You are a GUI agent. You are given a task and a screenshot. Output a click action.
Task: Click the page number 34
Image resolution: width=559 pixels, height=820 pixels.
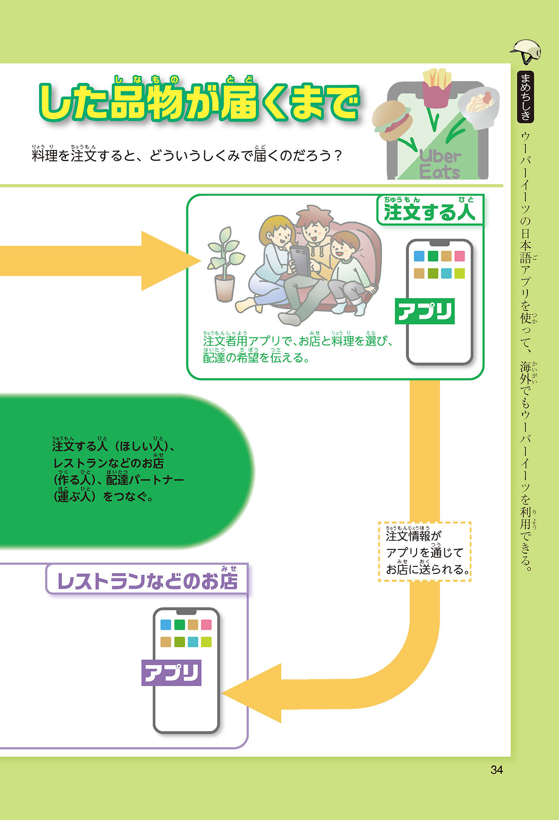497,770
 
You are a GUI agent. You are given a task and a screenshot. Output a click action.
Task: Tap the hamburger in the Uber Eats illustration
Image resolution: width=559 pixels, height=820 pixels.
392,119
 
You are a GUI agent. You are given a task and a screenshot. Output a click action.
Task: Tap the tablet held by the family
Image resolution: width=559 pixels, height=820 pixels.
301,261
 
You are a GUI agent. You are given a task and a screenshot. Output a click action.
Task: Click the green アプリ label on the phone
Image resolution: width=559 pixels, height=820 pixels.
425,311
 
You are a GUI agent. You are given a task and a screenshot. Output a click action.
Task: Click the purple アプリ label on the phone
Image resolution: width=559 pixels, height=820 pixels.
171,672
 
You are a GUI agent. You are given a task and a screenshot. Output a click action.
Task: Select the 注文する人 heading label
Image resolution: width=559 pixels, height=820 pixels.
429,210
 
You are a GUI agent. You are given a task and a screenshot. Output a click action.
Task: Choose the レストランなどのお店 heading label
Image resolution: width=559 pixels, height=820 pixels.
147,580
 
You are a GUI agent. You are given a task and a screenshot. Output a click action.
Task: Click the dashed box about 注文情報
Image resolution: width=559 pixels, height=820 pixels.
425,552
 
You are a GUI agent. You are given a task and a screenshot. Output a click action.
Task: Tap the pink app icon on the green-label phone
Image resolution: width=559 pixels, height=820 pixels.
459,256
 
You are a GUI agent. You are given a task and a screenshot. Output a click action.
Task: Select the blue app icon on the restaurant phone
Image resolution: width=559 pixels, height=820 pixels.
166,625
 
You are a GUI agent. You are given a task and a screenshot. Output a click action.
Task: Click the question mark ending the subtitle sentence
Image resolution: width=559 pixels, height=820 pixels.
337,156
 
